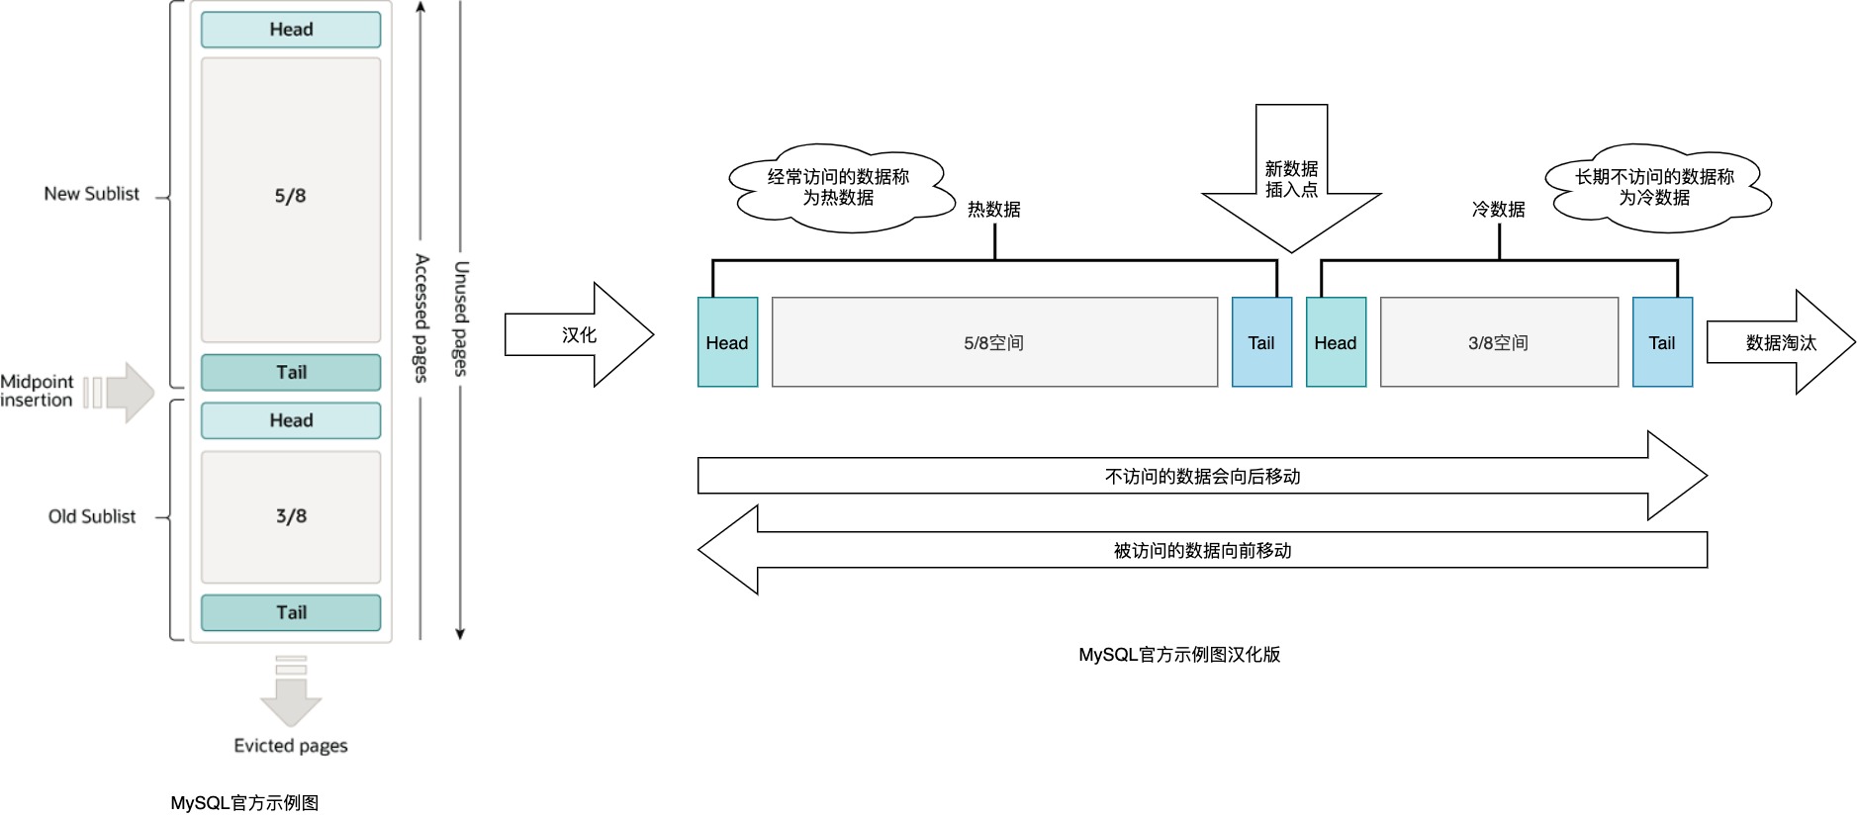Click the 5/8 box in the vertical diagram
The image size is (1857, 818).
point(291,198)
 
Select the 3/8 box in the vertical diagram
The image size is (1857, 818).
point(291,516)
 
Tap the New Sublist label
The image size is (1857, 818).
point(92,194)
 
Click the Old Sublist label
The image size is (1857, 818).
point(92,516)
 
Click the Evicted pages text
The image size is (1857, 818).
point(291,746)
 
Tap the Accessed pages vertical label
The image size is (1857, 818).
point(421,318)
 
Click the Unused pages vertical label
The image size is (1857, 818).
point(460,318)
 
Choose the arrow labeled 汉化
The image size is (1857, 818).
point(580,335)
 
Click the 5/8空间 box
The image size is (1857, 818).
point(994,342)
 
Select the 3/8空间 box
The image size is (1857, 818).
point(1499,342)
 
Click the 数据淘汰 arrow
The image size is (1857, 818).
point(1781,342)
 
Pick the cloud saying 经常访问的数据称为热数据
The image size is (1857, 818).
point(839,188)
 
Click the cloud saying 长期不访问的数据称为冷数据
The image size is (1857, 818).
point(1655,188)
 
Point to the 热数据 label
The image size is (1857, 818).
point(993,210)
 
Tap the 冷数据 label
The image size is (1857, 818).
point(1498,210)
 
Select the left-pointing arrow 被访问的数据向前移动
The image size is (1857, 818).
point(1202,550)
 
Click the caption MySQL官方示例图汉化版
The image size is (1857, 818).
point(1179,655)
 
